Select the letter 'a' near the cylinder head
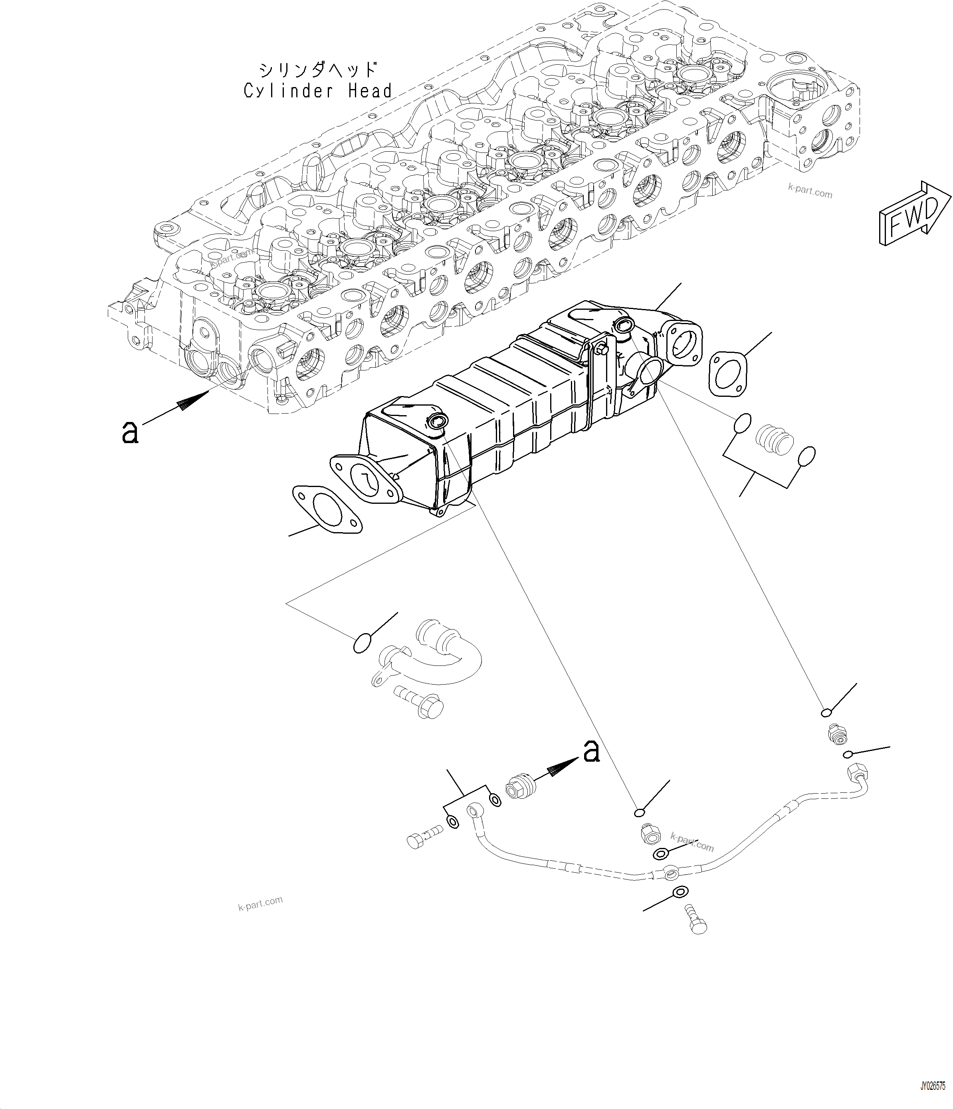(x=130, y=432)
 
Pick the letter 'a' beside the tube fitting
(x=591, y=751)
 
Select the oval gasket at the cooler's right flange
(x=727, y=374)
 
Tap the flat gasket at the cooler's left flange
(x=327, y=509)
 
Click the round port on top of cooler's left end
(x=437, y=421)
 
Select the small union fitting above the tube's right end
(x=836, y=734)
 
